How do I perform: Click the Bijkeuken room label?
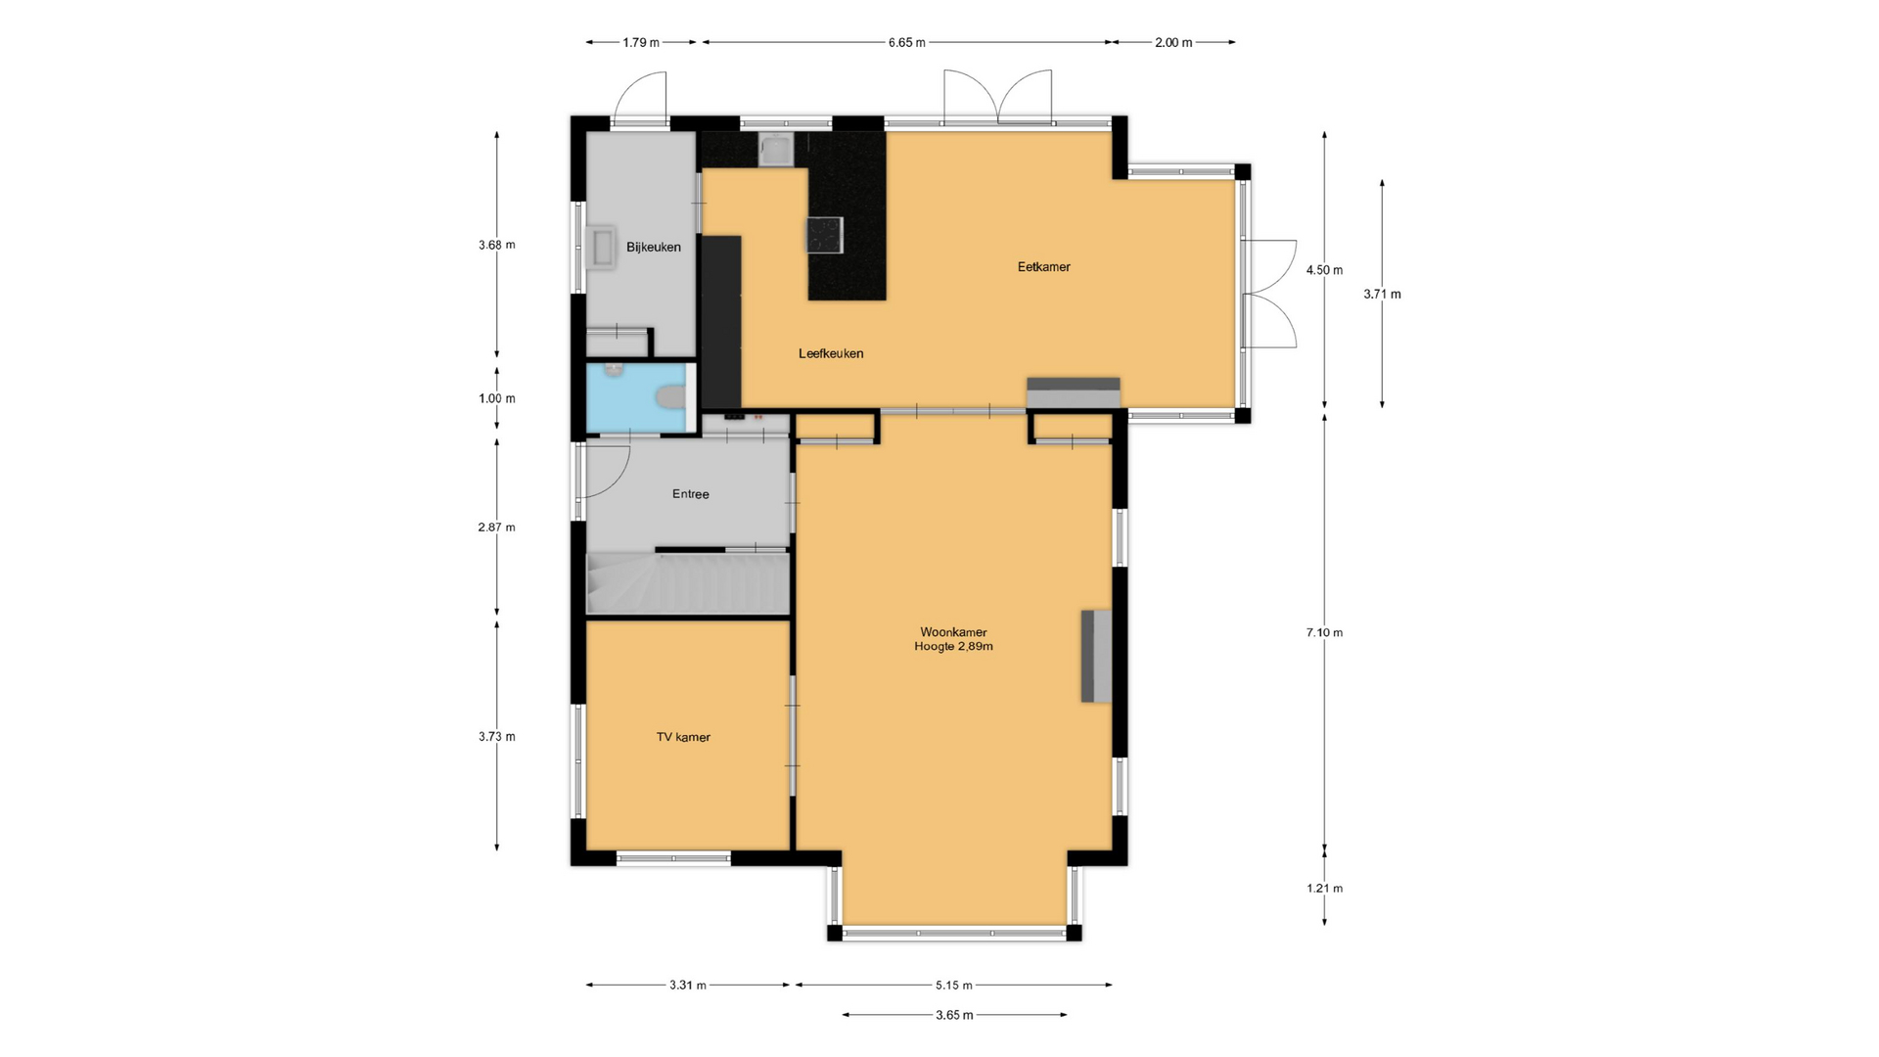pyautogui.click(x=654, y=247)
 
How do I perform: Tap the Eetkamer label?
pyautogui.click(x=1044, y=266)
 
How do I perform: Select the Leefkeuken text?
pyautogui.click(x=831, y=353)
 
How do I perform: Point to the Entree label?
pyautogui.click(x=690, y=494)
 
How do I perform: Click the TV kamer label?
pyautogui.click(x=683, y=737)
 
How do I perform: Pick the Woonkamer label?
pyautogui.click(x=953, y=632)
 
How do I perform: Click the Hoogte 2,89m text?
pyautogui.click(x=953, y=647)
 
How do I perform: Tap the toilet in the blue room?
pyautogui.click(x=670, y=397)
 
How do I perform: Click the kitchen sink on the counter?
pyautogui.click(x=777, y=151)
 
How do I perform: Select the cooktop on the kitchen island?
pyautogui.click(x=824, y=235)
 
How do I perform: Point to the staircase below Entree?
pyautogui.click(x=687, y=583)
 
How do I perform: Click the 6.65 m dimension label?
pyautogui.click(x=906, y=42)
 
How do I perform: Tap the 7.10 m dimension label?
pyautogui.click(x=1324, y=632)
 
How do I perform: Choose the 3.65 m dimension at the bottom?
pyautogui.click(x=954, y=1015)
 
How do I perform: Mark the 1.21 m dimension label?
pyautogui.click(x=1324, y=889)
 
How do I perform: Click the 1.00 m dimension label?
pyautogui.click(x=496, y=398)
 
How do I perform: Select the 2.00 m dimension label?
pyautogui.click(x=1173, y=42)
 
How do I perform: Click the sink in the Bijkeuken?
pyautogui.click(x=601, y=248)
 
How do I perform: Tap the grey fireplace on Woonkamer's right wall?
pyautogui.click(x=1096, y=656)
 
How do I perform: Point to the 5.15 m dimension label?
pyautogui.click(x=953, y=986)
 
